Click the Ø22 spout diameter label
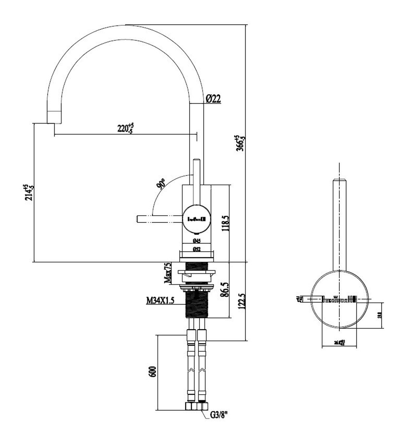pos(213,99)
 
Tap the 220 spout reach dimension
pos(126,128)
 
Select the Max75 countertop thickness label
pos(168,273)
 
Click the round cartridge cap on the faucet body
pos(197,219)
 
